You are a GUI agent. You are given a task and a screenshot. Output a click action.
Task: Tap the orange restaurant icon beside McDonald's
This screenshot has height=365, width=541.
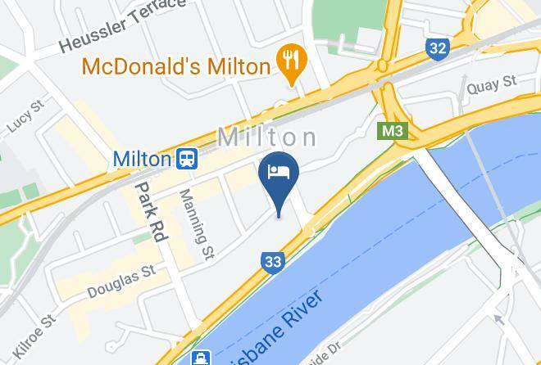[x=292, y=59]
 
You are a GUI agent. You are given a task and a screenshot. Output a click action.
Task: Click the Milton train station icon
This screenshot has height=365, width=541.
[x=188, y=158]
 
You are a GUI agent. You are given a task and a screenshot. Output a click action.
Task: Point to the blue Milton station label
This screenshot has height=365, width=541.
[x=142, y=158]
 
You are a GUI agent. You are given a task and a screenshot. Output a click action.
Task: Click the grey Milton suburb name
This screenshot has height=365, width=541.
[x=267, y=137]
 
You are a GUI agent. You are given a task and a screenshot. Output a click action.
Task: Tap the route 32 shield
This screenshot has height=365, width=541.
[x=437, y=48]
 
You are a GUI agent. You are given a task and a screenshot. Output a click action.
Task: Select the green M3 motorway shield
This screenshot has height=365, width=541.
[x=393, y=130]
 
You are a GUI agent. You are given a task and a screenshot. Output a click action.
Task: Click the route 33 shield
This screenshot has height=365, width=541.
[x=273, y=262]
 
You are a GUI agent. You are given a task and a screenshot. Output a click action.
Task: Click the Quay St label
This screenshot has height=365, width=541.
[x=490, y=83]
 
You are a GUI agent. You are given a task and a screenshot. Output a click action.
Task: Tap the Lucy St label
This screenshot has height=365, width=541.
[x=24, y=117]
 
